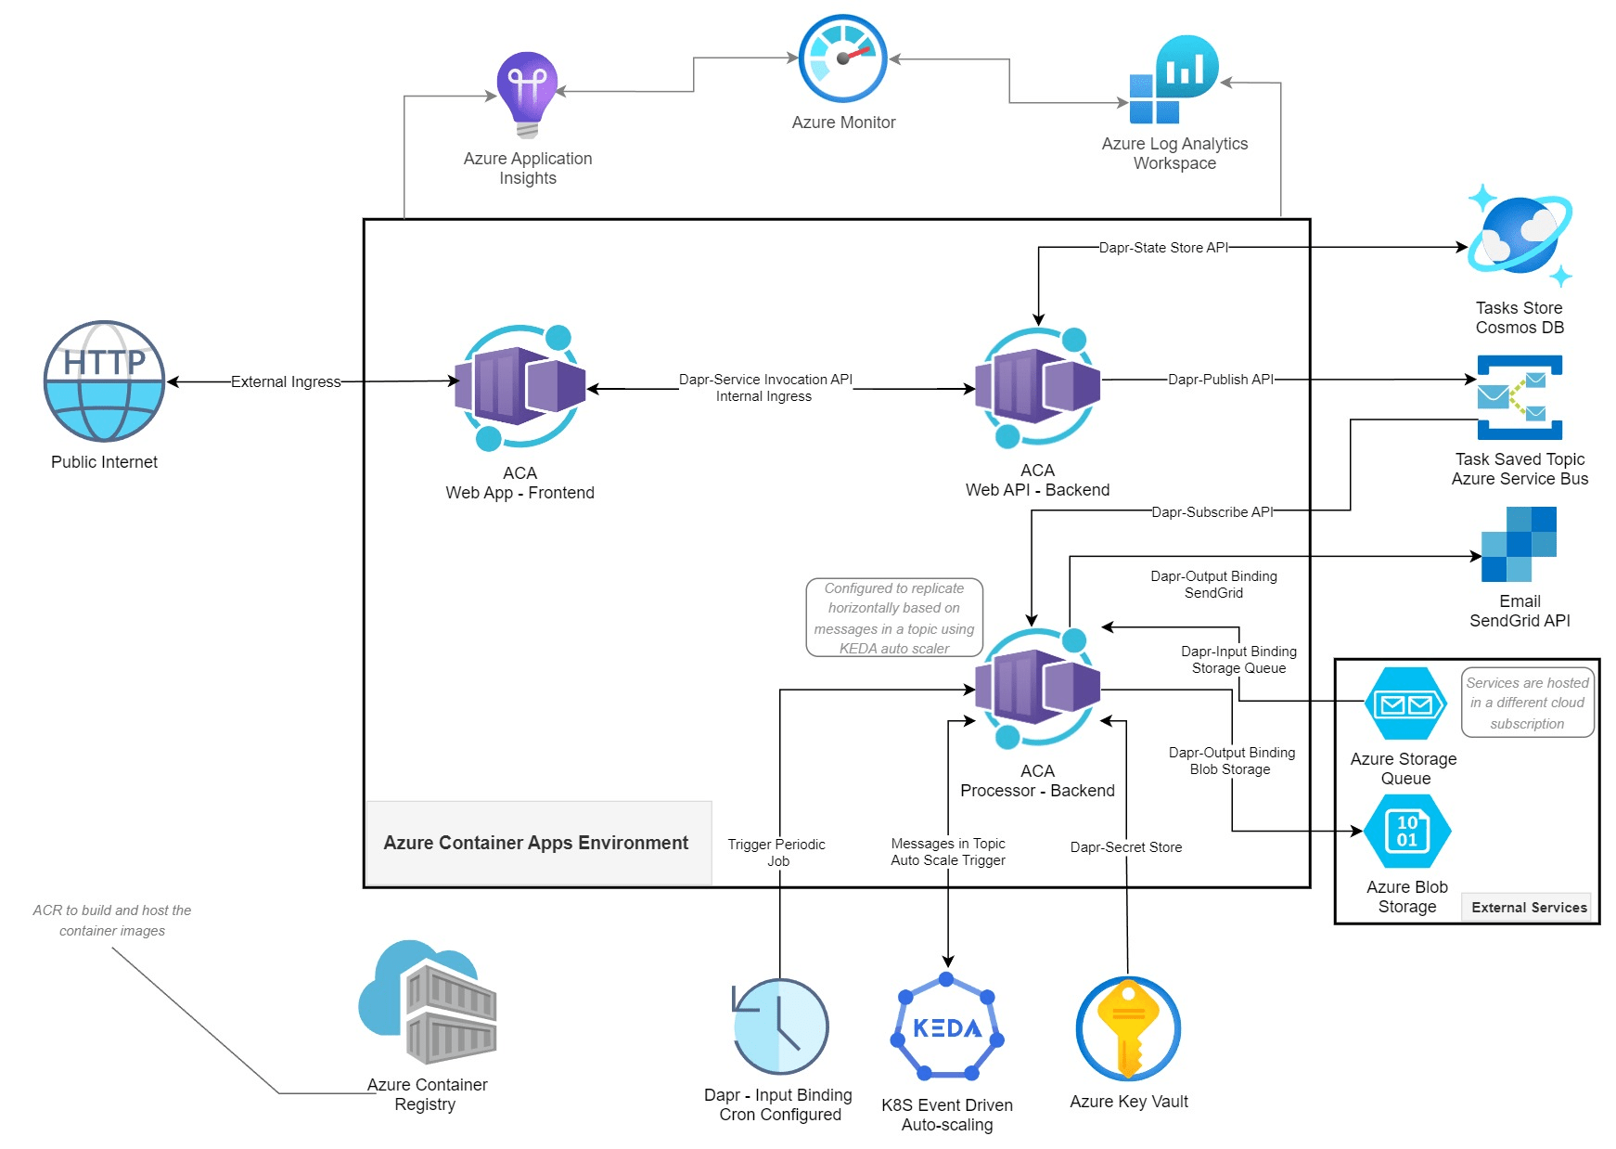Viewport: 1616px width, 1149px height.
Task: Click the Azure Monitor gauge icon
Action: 842,58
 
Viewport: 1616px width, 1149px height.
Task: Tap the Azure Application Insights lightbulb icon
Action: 527,94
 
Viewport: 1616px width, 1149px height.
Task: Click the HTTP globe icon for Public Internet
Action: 105,381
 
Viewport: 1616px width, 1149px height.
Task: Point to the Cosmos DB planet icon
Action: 1520,236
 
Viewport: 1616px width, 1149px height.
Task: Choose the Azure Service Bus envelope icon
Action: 1520,397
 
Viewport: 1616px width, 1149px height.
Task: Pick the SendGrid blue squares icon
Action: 1520,544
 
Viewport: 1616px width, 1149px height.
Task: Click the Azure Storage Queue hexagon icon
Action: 1405,704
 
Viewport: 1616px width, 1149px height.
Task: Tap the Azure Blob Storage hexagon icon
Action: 1407,831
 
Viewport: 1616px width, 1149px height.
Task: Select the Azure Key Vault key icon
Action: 1128,1028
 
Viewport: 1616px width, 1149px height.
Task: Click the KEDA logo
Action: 947,1027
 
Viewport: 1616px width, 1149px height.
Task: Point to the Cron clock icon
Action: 780,1026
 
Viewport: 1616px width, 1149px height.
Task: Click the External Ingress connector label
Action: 286,381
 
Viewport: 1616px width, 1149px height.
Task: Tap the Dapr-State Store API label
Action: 1163,248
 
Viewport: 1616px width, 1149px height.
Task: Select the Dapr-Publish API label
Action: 1220,380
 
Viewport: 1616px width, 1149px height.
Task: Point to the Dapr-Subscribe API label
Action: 1212,512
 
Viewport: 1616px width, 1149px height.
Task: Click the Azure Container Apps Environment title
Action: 536,843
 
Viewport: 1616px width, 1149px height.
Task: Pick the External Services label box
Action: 1529,908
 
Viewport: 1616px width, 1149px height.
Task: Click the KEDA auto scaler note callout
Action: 894,618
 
